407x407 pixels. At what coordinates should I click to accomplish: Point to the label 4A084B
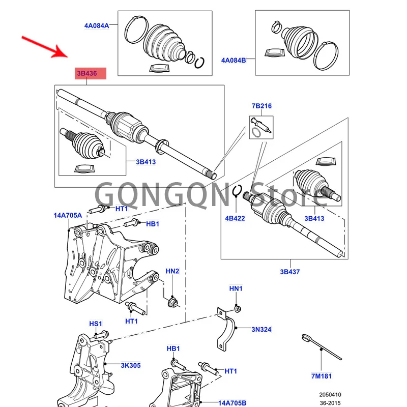[234, 60]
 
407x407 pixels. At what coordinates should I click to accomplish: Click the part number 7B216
[261, 106]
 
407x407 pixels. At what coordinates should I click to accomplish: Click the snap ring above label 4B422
[237, 192]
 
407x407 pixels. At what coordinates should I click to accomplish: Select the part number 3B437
[290, 272]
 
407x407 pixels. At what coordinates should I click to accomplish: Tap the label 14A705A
[68, 215]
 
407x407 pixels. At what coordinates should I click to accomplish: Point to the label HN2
[173, 271]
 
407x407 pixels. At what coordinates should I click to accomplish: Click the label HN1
[236, 288]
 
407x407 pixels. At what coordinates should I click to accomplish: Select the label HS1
[96, 324]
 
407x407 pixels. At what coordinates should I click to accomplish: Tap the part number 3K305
[131, 365]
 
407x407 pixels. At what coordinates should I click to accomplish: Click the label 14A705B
[236, 403]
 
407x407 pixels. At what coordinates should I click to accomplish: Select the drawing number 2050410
[331, 394]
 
